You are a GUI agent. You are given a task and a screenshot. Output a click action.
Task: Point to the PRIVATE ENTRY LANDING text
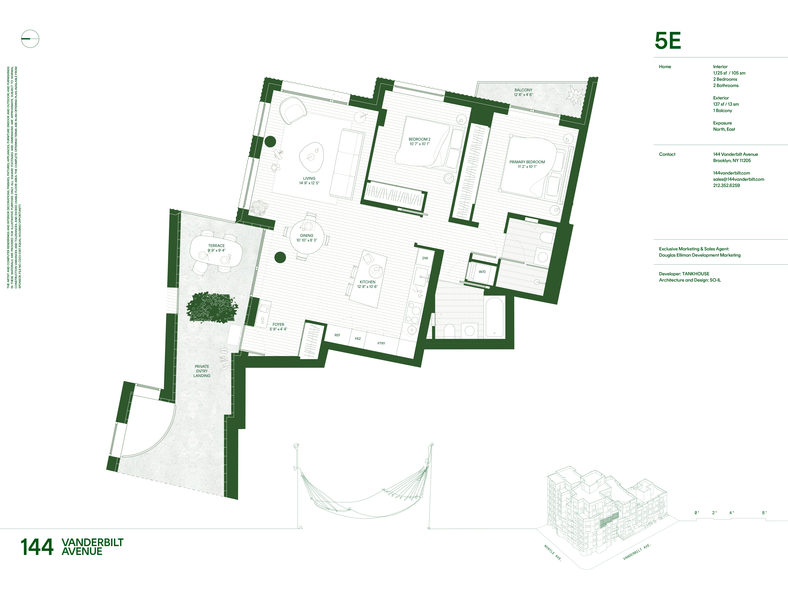point(202,371)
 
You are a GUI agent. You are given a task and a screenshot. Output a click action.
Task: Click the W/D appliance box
point(482,272)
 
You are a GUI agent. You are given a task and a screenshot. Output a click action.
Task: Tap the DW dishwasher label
point(425,258)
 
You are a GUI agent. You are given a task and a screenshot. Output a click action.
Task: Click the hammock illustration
point(363,492)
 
